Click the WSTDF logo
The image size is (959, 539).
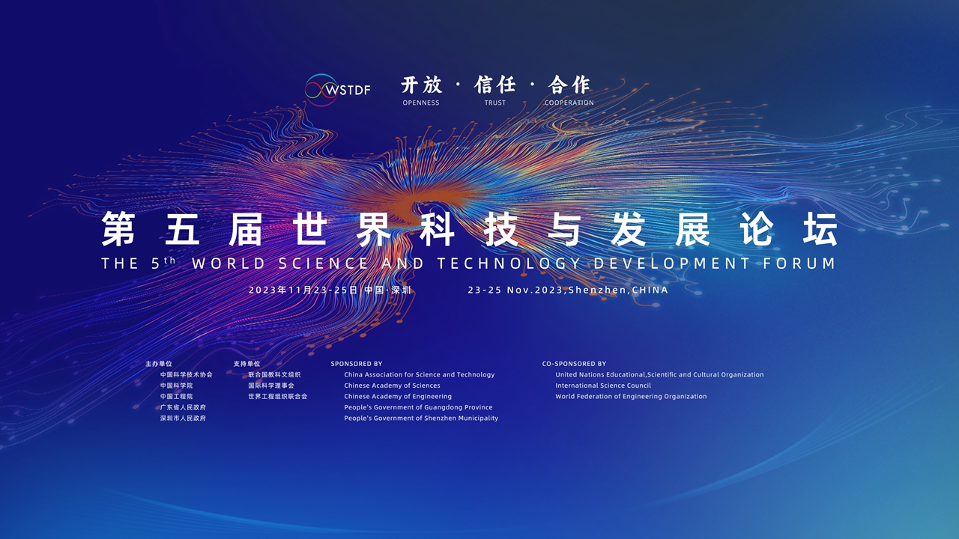coord(337,90)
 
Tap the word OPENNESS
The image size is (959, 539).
coord(421,103)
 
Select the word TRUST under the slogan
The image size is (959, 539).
coord(495,103)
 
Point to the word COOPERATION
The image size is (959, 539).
coord(569,103)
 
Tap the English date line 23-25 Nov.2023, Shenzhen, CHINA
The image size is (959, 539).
coord(568,290)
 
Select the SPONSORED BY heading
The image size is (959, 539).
coord(356,364)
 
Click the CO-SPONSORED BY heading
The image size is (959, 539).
coord(574,364)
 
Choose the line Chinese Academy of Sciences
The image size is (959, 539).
coord(392,386)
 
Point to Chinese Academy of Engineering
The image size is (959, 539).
coord(398,397)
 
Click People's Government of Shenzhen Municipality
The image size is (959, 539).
coord(421,418)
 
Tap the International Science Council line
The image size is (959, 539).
coord(603,386)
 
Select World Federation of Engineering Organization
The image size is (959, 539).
coord(631,397)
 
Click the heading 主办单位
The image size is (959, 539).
coord(158,364)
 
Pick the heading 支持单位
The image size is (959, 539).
coord(246,364)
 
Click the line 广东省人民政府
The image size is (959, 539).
coord(183,407)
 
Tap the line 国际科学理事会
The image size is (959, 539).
coord(271,386)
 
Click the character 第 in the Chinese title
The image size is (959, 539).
coord(118,229)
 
